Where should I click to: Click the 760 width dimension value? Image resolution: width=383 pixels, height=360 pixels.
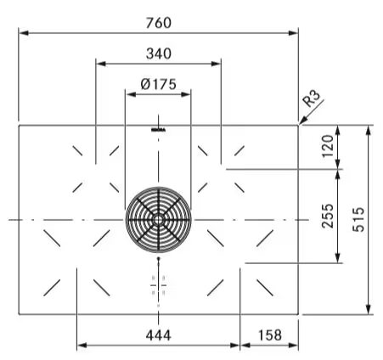(159, 23)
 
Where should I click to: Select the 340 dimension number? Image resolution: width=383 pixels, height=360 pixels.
(159, 53)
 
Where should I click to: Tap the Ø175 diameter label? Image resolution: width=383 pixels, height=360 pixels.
(159, 84)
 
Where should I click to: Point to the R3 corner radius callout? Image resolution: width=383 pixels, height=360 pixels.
(312, 98)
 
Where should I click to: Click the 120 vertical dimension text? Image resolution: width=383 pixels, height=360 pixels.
(328, 146)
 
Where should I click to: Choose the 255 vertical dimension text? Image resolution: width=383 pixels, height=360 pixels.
(328, 216)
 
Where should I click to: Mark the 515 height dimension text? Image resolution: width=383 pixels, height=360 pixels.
(358, 220)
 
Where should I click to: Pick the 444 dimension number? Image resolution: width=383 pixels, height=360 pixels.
(159, 335)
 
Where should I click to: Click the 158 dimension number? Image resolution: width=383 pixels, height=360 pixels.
(270, 335)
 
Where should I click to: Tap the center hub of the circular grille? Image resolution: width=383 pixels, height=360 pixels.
(159, 219)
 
